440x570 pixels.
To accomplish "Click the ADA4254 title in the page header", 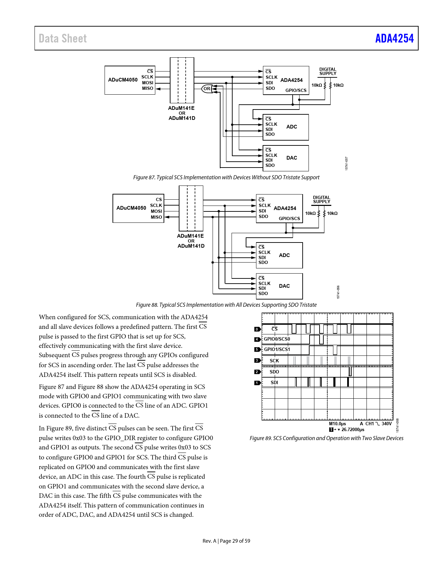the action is click(x=394, y=38).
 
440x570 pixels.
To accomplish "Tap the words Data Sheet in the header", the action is click(x=62, y=38).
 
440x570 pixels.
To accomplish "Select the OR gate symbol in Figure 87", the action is click(x=207, y=89).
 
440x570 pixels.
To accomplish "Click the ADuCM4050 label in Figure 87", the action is click(x=123, y=80).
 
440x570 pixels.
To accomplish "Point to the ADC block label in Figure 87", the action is click(x=291, y=127).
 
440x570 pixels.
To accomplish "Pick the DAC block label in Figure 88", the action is click(x=284, y=286).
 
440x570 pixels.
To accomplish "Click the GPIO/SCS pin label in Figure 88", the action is click(x=289, y=218).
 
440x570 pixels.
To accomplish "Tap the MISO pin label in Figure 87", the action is click(x=148, y=88).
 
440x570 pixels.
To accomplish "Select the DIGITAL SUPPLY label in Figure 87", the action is click(x=327, y=72).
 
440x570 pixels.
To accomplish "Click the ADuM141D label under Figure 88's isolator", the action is click(x=191, y=246).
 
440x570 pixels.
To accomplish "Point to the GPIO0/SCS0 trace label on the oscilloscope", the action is click(x=277, y=339).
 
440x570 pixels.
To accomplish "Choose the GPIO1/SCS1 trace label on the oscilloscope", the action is click(x=277, y=349).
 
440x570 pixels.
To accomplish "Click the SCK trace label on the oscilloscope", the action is click(x=274, y=361).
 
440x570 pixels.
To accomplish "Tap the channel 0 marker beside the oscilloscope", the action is click(x=256, y=329).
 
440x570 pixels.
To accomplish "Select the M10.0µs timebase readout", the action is click(x=337, y=424).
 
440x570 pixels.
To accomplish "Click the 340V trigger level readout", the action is click(x=387, y=424).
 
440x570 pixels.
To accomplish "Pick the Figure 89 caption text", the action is click(x=326, y=438).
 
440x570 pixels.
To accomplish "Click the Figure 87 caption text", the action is click(x=226, y=177).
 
